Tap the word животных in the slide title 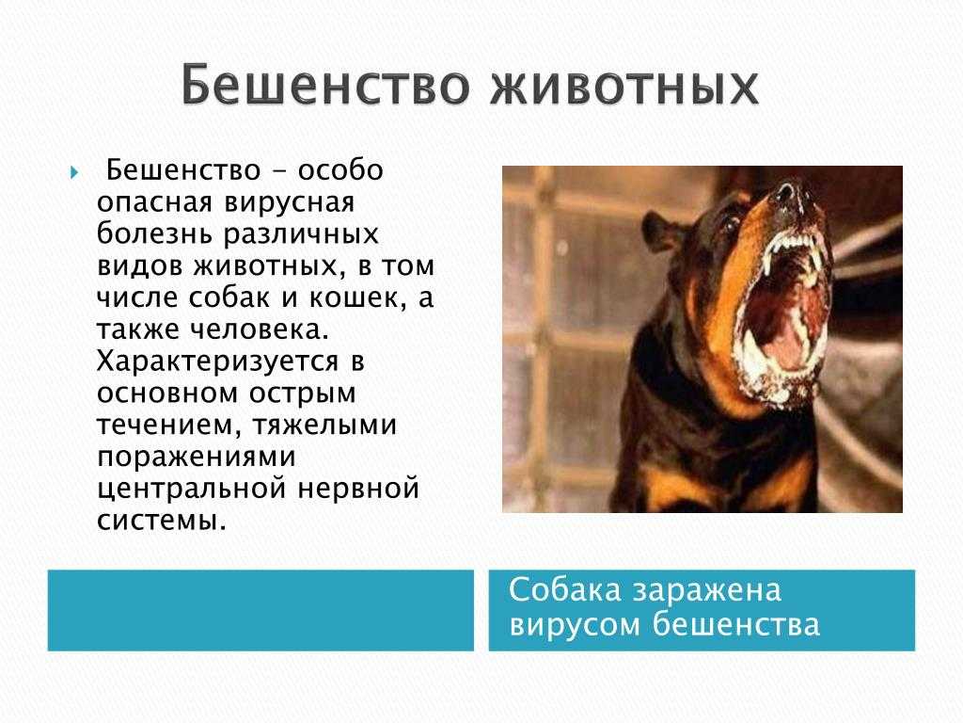point(624,86)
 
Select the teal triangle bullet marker point(74,172)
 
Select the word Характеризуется point(218,362)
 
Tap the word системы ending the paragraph point(162,522)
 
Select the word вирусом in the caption point(576,625)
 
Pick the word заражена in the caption point(706,591)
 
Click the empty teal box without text point(260,610)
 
